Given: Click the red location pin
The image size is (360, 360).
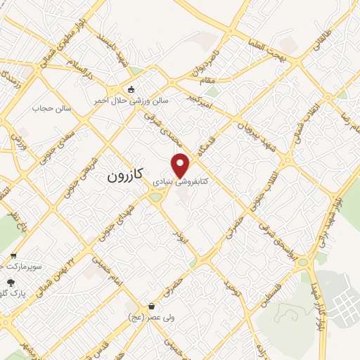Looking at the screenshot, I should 181,165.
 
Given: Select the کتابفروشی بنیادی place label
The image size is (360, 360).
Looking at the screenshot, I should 181,181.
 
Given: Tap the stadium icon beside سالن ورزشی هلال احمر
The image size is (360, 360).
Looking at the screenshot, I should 131,89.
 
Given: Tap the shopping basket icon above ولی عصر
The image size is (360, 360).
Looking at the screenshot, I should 153,306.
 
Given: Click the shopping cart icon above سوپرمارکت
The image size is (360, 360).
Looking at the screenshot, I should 13,256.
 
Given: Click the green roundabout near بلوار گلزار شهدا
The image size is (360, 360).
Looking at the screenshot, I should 302,262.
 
